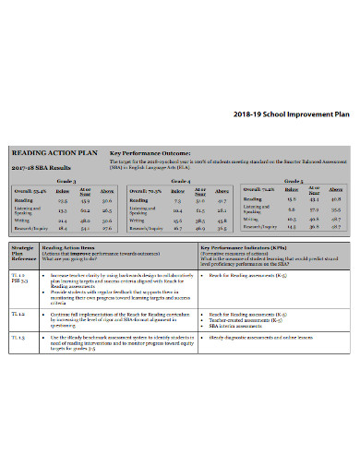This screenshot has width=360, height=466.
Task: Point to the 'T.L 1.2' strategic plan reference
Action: click(x=18, y=314)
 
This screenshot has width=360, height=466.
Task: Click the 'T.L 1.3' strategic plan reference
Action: click(x=18, y=338)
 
